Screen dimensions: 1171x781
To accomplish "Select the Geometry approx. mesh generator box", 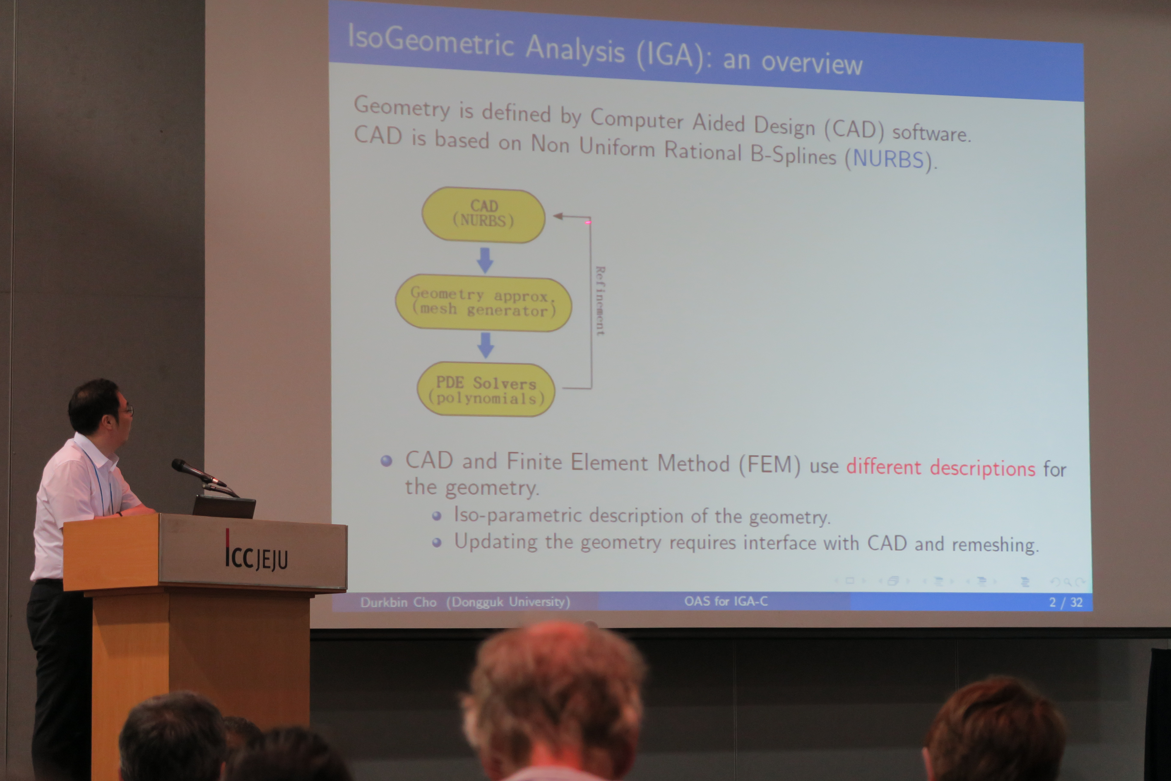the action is pos(483,302).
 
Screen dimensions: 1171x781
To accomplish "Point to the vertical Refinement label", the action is pos(600,300).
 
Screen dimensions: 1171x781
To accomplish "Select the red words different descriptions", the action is pos(941,467).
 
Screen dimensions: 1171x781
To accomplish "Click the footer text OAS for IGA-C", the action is pos(726,601).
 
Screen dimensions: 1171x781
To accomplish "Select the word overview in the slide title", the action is pos(811,63).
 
